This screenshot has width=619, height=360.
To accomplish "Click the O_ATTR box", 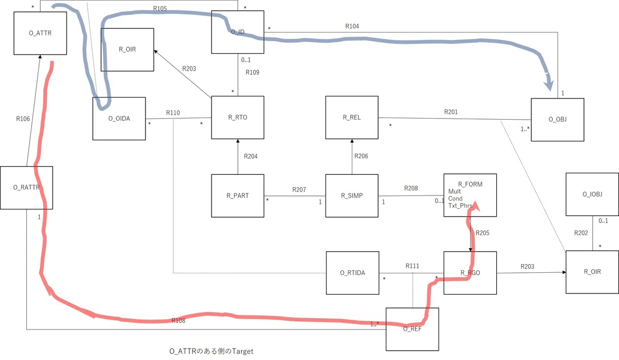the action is (x=40, y=33).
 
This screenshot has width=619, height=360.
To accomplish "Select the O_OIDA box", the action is (x=119, y=119).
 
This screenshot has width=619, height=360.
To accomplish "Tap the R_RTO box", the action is (x=238, y=118).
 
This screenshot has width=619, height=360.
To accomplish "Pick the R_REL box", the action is (x=352, y=118).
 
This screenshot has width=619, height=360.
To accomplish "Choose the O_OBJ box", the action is (x=558, y=120).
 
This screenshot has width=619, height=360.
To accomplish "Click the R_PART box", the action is (x=238, y=195).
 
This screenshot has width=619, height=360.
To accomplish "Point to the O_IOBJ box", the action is (x=592, y=194).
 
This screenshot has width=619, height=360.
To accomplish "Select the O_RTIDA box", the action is (x=352, y=273).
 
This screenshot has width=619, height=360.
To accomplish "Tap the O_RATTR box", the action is (x=26, y=188).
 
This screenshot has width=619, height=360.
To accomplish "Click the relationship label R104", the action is (x=352, y=26).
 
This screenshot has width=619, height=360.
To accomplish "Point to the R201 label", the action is (x=451, y=112).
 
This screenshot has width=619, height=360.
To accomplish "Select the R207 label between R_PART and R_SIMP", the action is (x=299, y=189).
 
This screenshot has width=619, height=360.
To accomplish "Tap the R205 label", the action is (x=482, y=233).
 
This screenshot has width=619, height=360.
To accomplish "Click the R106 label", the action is (x=23, y=119).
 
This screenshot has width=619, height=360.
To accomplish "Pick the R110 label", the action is (x=173, y=113).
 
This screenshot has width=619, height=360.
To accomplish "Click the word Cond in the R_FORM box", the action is (x=455, y=199).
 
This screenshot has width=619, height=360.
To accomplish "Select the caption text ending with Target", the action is (x=211, y=351).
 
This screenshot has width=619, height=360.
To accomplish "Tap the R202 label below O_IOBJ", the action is (x=581, y=233).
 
